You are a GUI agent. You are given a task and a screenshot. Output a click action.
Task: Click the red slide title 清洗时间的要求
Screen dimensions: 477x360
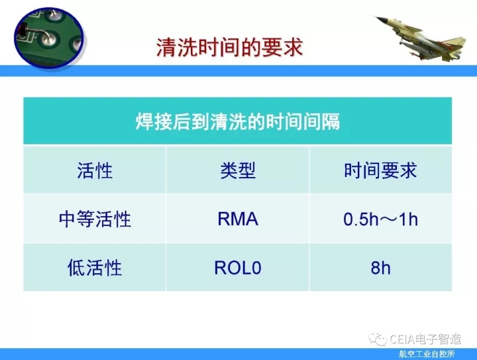click(x=230, y=48)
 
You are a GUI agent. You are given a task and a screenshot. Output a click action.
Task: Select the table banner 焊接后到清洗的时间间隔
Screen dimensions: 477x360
click(x=238, y=121)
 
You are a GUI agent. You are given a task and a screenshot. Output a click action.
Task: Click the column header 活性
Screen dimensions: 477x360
click(x=95, y=170)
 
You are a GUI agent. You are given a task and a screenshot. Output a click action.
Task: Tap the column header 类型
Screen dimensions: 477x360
click(x=238, y=170)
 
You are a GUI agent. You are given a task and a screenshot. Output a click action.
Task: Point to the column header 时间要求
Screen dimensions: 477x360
click(x=380, y=170)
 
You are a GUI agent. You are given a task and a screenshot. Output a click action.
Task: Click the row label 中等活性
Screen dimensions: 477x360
click(x=95, y=219)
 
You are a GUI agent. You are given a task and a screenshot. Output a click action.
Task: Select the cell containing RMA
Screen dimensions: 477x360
click(x=238, y=219)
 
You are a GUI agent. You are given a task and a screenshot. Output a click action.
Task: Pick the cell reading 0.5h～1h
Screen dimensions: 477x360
click(x=380, y=219)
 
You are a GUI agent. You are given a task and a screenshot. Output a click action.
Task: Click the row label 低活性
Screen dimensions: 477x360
click(x=95, y=268)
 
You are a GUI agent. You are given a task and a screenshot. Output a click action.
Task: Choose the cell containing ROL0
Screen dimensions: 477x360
click(x=238, y=268)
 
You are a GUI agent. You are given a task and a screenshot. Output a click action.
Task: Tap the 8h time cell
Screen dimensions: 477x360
click(x=380, y=268)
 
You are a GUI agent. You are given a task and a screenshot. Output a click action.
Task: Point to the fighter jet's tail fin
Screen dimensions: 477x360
click(x=456, y=44)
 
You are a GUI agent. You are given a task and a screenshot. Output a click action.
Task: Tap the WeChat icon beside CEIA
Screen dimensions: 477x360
click(x=377, y=339)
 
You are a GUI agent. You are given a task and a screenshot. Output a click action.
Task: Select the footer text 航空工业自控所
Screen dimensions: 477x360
click(x=427, y=354)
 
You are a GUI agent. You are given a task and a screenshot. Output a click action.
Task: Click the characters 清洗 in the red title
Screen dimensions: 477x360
click(x=177, y=48)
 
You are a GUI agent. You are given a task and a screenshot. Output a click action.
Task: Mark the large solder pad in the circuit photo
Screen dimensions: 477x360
click(x=48, y=39)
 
